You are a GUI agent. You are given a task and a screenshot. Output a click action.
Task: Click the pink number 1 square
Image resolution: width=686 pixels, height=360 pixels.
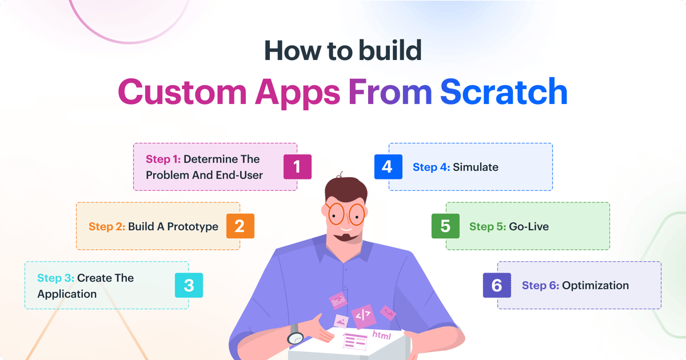click(297, 167)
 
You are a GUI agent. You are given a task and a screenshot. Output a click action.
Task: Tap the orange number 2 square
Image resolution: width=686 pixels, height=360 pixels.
click(240, 226)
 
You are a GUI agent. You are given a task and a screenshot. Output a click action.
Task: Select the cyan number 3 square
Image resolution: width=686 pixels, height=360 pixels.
click(189, 286)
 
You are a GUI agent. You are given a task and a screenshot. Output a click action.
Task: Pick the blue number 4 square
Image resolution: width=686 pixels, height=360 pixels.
click(388, 167)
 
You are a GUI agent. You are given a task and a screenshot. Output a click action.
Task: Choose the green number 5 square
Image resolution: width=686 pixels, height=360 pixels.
click(445, 226)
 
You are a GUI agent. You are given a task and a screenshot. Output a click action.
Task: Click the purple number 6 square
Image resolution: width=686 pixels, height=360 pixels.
click(497, 286)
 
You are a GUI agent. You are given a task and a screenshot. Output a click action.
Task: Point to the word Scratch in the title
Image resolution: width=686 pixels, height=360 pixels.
click(504, 92)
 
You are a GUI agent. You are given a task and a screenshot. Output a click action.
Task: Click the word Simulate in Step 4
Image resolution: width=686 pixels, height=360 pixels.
click(476, 167)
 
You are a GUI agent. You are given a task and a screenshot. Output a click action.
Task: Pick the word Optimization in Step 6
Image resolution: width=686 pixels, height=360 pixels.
click(595, 286)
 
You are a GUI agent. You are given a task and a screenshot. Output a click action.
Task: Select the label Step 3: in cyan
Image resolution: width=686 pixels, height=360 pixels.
click(55, 278)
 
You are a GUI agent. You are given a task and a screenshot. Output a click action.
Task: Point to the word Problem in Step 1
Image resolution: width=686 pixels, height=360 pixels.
click(167, 175)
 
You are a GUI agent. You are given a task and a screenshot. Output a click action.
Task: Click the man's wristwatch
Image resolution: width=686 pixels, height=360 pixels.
click(296, 337)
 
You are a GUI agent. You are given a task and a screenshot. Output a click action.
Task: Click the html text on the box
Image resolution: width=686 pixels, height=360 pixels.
click(381, 335)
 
